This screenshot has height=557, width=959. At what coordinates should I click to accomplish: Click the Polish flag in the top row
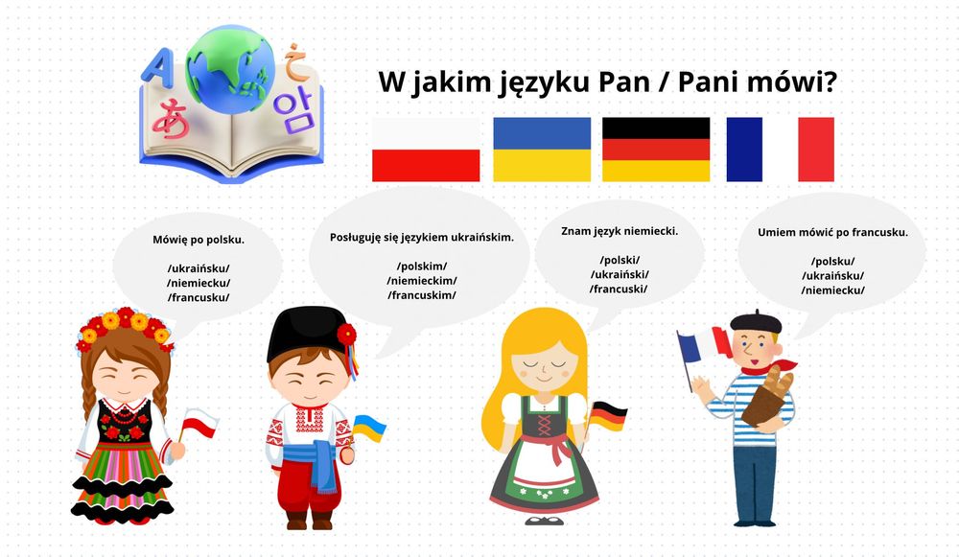pos(426,150)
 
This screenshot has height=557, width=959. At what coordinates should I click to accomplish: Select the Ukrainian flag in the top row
pos(542,150)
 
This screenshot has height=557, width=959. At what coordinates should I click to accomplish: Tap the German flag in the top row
pos(656,150)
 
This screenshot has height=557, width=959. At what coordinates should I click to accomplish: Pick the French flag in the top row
pos(780,150)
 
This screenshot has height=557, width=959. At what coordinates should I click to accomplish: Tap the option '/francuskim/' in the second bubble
pos(422,295)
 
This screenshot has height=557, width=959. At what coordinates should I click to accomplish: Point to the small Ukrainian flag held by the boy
pos(369,428)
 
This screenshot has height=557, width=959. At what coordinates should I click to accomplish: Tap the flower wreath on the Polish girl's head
pos(126,326)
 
